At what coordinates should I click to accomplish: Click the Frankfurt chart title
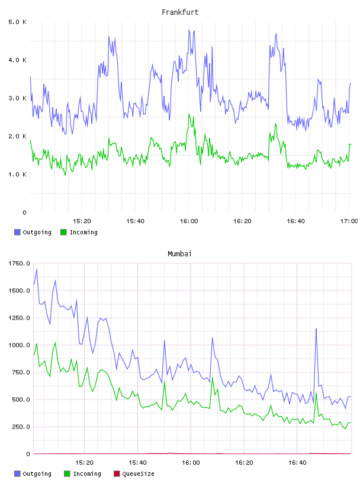(180, 12)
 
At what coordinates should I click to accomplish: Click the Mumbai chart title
(179, 254)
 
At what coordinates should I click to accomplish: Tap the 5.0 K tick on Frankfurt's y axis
(18, 22)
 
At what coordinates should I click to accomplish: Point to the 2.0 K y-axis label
(18, 137)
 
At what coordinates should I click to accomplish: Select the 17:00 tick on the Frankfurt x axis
(349, 221)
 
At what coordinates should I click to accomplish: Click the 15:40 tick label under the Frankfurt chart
(136, 221)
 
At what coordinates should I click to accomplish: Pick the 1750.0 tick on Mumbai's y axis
(19, 263)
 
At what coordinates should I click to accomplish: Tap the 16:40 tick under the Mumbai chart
(297, 463)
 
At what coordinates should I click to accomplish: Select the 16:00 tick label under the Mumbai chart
(191, 463)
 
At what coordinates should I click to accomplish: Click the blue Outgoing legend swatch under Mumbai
(17, 474)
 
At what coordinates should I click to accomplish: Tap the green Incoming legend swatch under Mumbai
(67, 474)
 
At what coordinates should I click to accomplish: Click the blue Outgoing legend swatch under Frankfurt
(17, 232)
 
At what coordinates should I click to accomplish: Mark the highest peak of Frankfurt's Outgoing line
(189, 30)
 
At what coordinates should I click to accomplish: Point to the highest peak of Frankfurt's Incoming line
(189, 114)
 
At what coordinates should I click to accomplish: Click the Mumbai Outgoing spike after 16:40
(316, 329)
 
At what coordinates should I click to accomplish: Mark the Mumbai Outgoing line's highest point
(37, 269)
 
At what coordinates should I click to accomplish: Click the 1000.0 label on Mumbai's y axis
(19, 345)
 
